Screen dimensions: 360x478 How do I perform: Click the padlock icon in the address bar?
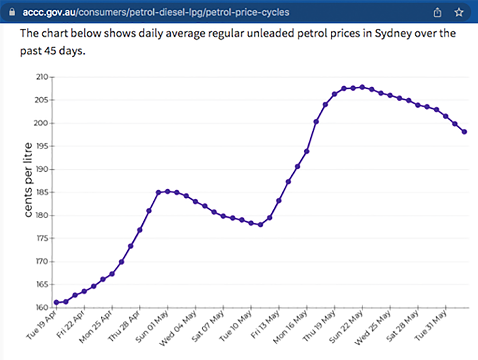(x=14, y=12)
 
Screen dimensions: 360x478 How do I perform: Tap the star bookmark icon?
(x=459, y=12)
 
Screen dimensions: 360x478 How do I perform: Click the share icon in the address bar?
(x=438, y=12)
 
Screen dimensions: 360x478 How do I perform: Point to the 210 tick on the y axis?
(x=43, y=77)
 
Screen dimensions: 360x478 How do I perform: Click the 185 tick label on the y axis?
(x=43, y=192)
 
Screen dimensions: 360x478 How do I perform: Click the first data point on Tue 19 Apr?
(x=57, y=302)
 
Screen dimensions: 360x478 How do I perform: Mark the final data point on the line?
(x=464, y=132)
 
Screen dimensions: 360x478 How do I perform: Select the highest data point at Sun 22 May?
(x=362, y=87)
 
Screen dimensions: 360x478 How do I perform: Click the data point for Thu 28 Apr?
(x=140, y=230)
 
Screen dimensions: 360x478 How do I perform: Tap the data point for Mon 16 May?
(x=307, y=151)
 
